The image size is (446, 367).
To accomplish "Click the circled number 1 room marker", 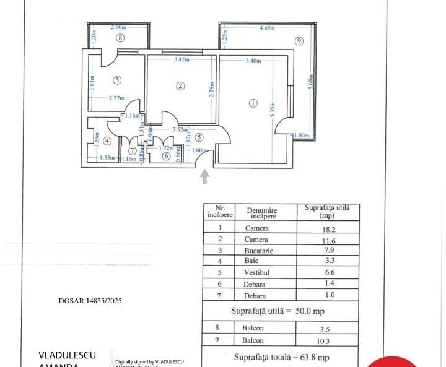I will [x=253, y=103].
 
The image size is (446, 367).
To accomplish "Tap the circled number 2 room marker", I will [x=180, y=86].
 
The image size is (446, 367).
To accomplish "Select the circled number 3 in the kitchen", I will [x=116, y=79].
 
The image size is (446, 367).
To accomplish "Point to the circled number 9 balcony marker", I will [x=299, y=41].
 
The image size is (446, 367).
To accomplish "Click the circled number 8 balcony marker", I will [x=120, y=37].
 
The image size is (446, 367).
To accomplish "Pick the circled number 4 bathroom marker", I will [x=107, y=140].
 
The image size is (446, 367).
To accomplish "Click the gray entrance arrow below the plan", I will [x=205, y=177].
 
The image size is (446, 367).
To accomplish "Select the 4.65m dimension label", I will [x=268, y=28].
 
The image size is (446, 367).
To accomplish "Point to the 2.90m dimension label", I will [x=118, y=27].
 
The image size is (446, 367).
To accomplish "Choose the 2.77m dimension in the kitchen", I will [x=116, y=98].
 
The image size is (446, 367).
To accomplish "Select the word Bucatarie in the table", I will [x=256, y=251].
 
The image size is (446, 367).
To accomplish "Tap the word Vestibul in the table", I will [x=256, y=273].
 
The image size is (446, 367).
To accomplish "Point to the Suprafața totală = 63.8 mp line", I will [x=281, y=357].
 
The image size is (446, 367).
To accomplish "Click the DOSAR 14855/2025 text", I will [x=90, y=301].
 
